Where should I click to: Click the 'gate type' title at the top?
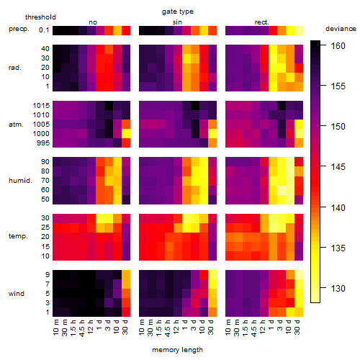(178, 12)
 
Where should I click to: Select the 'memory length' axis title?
(177, 350)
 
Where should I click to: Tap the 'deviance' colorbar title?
(341, 29)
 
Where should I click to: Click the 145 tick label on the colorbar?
(338, 166)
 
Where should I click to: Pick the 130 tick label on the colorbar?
(338, 288)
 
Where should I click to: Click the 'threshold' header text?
(40, 17)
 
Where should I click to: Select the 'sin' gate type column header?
(177, 22)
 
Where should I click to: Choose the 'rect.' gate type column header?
(262, 22)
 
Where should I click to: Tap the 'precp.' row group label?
(19, 29)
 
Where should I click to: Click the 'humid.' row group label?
(20, 180)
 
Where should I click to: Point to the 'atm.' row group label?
(16, 125)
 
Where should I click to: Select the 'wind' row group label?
(17, 294)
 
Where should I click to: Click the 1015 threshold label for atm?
(41, 106)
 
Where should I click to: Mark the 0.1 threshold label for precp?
(44, 30)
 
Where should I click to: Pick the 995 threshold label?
(43, 143)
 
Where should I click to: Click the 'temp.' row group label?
(18, 236)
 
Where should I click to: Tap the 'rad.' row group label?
(15, 68)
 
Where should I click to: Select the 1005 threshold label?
(41, 125)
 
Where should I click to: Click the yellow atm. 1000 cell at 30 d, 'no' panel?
(126, 134)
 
